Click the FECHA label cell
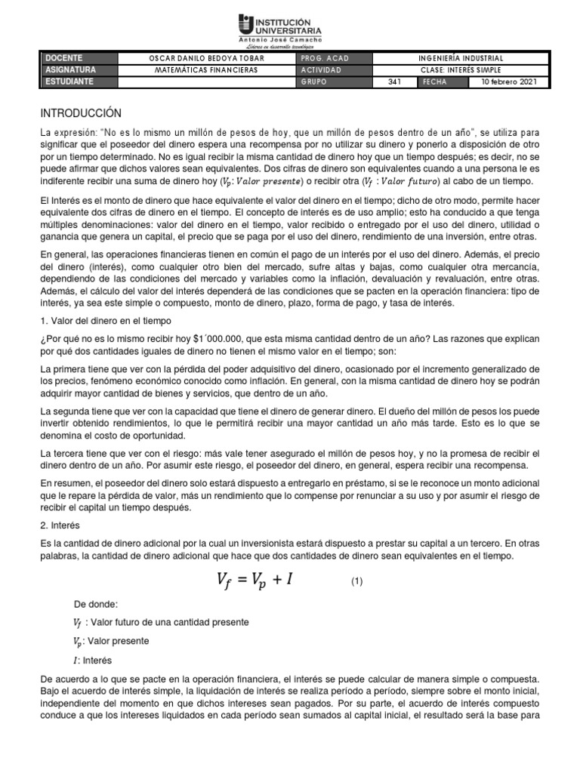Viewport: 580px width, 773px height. pyautogui.click(x=435, y=82)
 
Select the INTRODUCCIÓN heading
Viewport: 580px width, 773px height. pyautogui.click(x=81, y=113)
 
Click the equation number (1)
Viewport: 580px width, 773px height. pyautogui.click(x=357, y=581)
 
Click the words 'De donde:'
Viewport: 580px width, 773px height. pyautogui.click(x=96, y=604)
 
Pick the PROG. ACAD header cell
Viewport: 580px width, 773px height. pyautogui.click(x=325, y=58)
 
